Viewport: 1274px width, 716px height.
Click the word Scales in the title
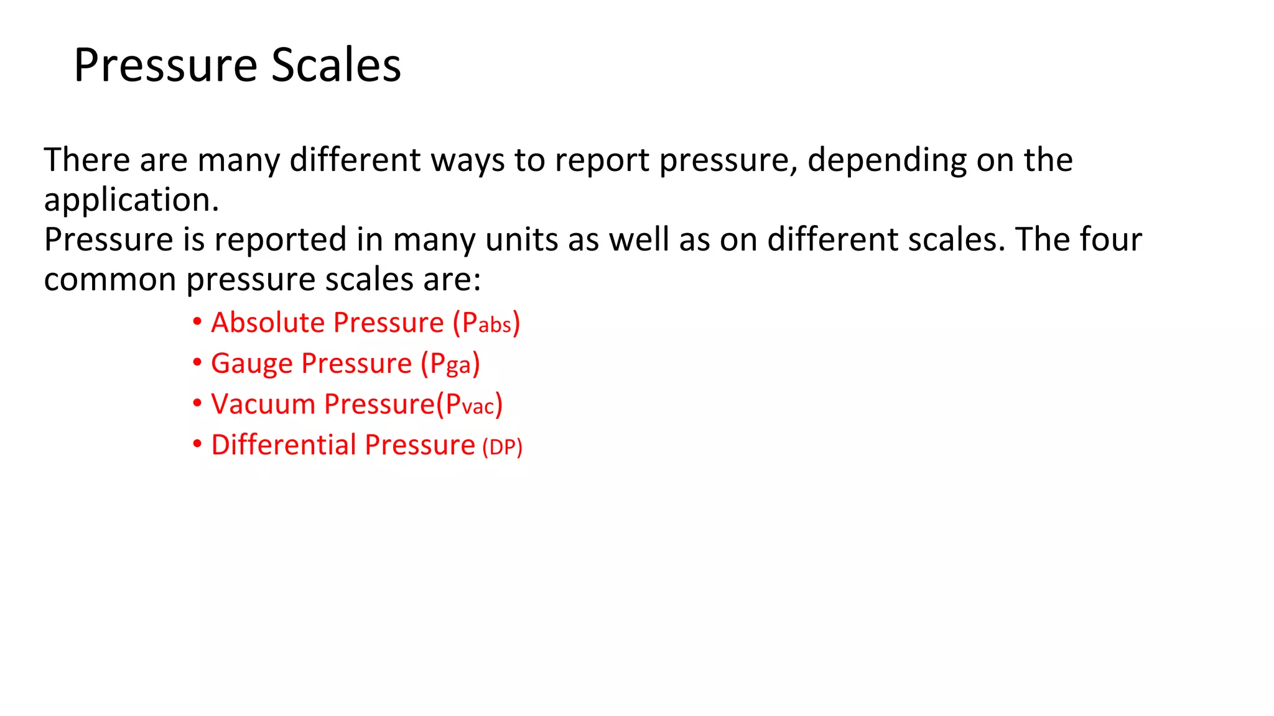click(336, 65)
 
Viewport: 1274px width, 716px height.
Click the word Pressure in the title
click(165, 65)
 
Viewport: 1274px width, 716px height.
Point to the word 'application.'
click(131, 200)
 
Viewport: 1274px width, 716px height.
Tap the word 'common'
click(110, 280)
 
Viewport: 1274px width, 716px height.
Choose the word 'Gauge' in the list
click(251, 364)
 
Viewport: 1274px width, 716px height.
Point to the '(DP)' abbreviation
click(502, 447)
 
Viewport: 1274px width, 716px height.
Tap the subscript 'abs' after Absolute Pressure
click(495, 325)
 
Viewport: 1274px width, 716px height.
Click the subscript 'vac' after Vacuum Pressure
click(478, 407)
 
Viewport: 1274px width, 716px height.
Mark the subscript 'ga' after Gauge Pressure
click(459, 366)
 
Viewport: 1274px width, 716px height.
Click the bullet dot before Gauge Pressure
click(197, 362)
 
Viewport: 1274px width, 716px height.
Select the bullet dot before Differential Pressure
click(197, 444)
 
